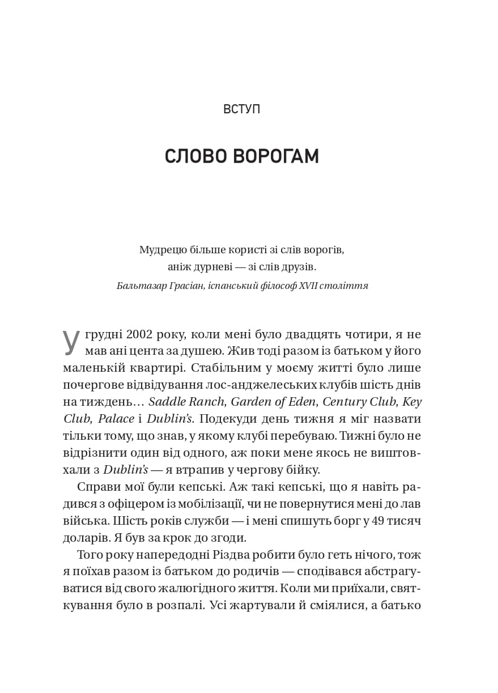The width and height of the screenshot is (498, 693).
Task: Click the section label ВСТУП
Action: [x=242, y=109]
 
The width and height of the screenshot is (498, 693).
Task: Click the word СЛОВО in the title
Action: [x=195, y=156]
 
